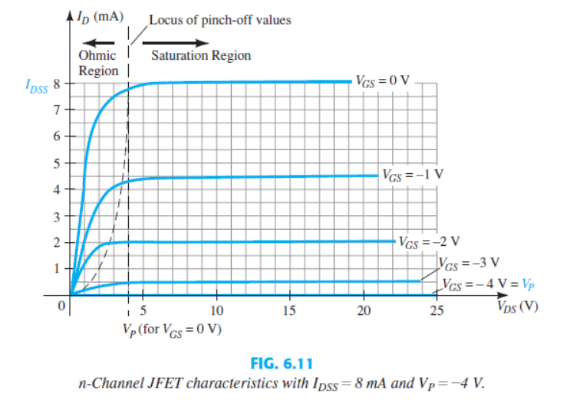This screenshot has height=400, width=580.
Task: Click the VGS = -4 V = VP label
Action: click(x=489, y=284)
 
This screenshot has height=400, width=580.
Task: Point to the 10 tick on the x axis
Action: click(x=217, y=310)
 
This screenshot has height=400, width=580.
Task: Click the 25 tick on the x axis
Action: click(x=436, y=310)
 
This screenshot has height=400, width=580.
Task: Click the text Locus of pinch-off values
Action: click(x=219, y=20)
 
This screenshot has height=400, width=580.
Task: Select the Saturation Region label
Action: click(x=201, y=56)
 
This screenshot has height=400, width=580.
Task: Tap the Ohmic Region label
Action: click(x=98, y=63)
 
